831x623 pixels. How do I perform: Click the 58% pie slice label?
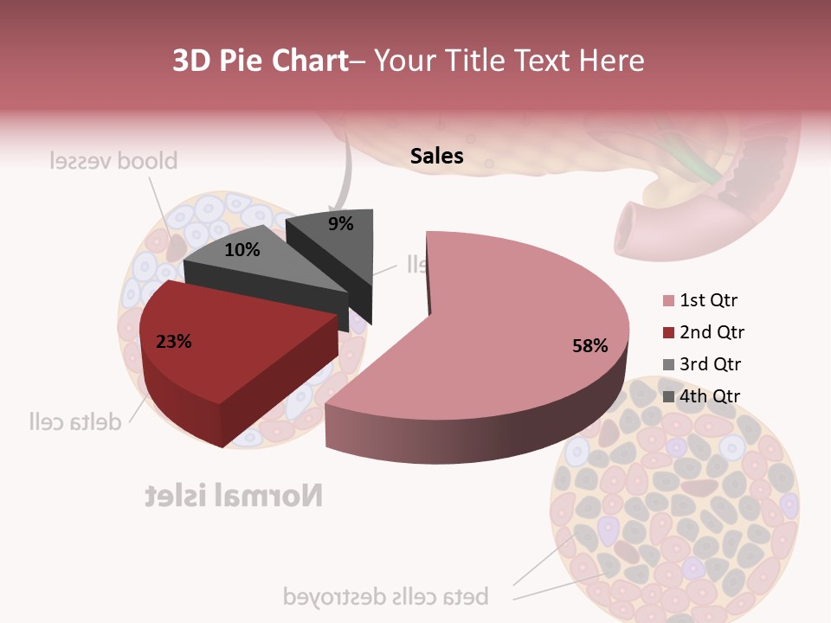[x=589, y=346]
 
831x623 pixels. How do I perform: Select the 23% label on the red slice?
[x=173, y=342]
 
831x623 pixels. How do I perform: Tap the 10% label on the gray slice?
[x=242, y=250]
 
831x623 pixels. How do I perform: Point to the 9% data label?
[x=341, y=224]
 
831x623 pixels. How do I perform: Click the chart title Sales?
[x=436, y=156]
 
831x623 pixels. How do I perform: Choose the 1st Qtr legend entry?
[x=708, y=301]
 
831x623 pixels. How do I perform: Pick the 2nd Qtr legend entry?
[x=712, y=332]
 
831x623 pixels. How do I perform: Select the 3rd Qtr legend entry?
[x=711, y=364]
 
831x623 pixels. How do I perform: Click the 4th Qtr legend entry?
[x=711, y=396]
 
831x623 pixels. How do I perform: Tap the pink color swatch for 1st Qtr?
[x=668, y=301]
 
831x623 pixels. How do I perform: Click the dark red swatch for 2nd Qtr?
[x=668, y=333]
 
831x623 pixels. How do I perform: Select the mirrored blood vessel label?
[x=113, y=161]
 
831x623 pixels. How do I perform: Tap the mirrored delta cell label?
[x=74, y=421]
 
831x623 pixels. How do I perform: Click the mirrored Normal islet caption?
[x=234, y=495]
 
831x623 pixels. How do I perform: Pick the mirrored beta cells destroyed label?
[x=386, y=596]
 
